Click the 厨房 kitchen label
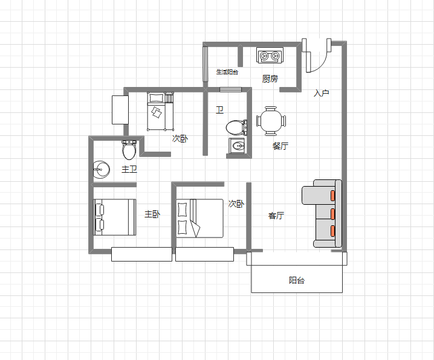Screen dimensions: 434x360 click(270, 79)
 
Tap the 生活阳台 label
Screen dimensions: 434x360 click(227, 72)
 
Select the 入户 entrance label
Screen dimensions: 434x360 click(322, 93)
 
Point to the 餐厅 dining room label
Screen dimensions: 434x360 click(280, 146)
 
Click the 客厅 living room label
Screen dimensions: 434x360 click(276, 216)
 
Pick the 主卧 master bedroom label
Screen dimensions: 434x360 click(152, 214)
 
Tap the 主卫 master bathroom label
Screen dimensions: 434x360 click(129, 169)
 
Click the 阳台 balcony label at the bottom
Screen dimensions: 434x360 click(297, 280)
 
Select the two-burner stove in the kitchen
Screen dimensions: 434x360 click(270, 56)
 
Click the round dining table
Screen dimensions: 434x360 click(271, 121)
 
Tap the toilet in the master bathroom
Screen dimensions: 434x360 click(129, 150)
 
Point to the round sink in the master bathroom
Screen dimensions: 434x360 click(102, 170)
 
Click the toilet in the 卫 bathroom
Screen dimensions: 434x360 click(236, 127)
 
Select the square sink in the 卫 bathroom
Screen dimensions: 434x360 click(237, 146)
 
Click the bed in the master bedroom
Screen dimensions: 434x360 click(115, 217)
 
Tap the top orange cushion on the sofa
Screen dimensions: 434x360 click(332, 196)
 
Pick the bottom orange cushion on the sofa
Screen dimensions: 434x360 click(332, 231)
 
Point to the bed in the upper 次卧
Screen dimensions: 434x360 click(161, 111)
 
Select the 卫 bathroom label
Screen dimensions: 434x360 click(220, 111)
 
